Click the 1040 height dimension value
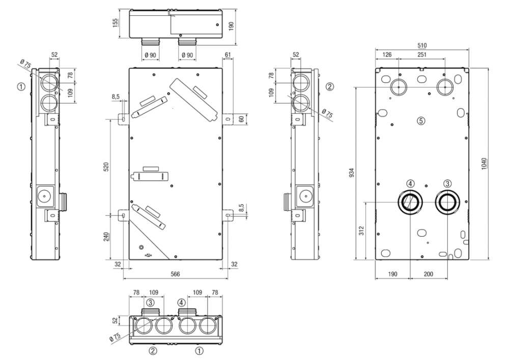[x=484, y=163]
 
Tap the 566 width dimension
[x=175, y=274]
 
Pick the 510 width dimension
[x=422, y=45]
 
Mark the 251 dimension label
[x=421, y=54]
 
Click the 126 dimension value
[x=387, y=54]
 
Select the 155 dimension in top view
[x=115, y=23]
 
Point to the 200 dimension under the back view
[x=428, y=274]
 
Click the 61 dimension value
[x=228, y=54]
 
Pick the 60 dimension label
[x=241, y=119]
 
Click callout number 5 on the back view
[x=420, y=121]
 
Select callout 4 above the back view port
[x=410, y=183]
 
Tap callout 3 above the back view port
[x=447, y=183]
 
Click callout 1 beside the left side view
[x=20, y=87]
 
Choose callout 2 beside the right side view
[x=330, y=87]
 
